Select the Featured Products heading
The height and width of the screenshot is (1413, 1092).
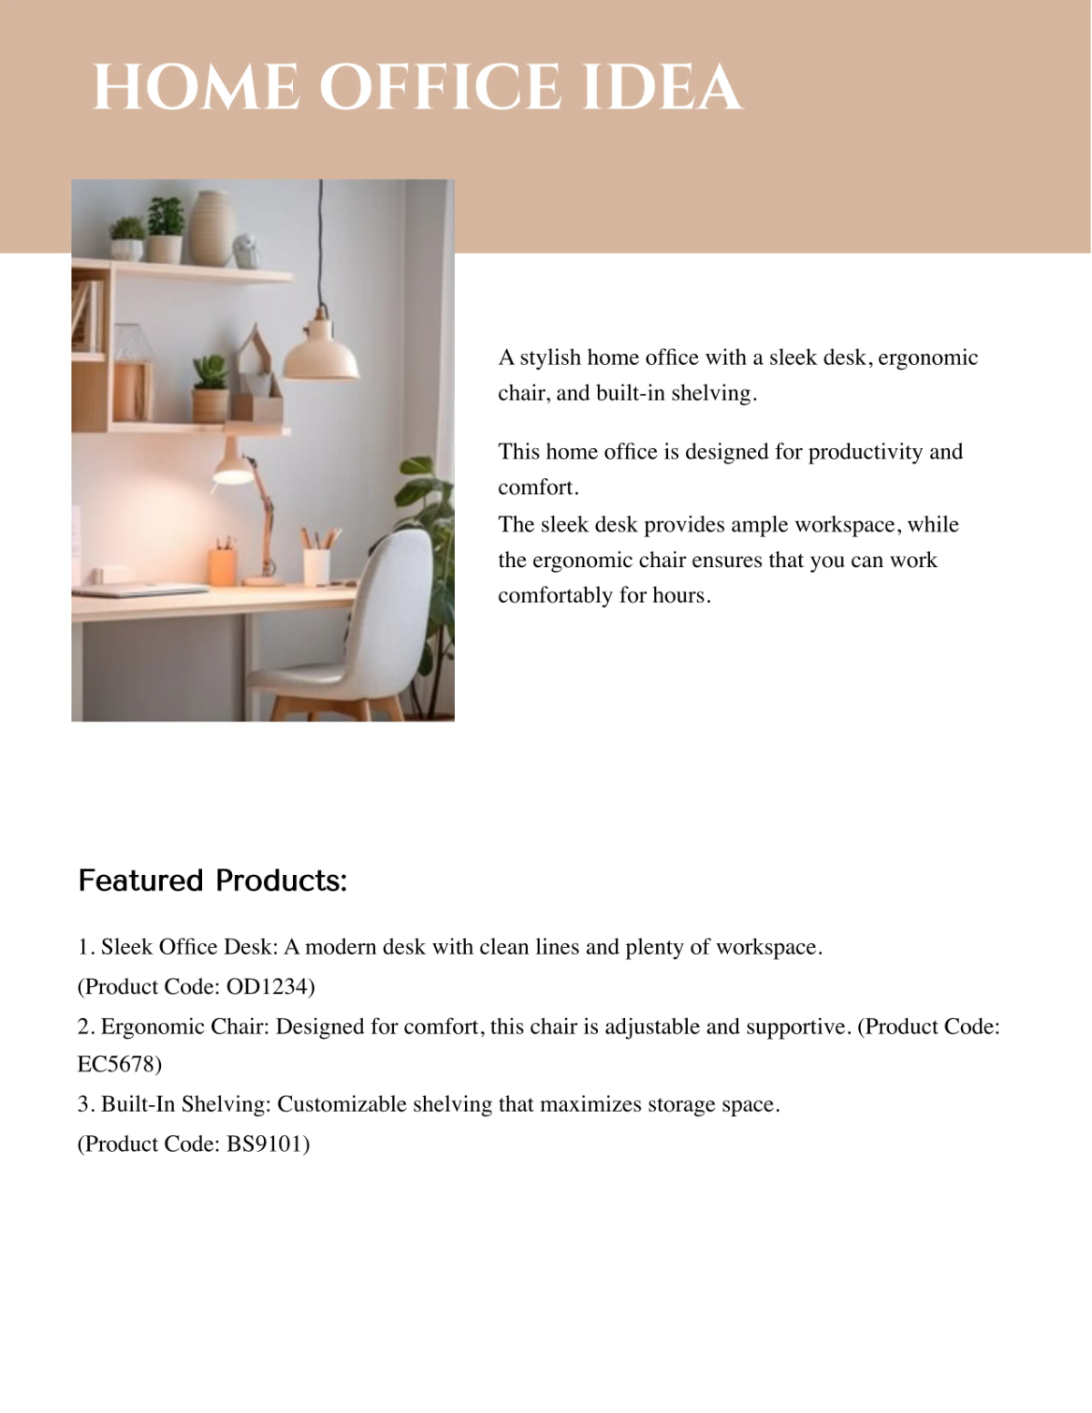(x=213, y=880)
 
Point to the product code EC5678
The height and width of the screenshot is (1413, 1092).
(x=119, y=1063)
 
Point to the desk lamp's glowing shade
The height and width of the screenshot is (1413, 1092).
(x=233, y=471)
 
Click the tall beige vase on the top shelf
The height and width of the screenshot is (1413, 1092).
(x=212, y=228)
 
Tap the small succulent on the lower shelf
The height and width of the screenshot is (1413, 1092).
(x=209, y=373)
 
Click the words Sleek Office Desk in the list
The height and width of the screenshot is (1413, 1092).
(x=187, y=947)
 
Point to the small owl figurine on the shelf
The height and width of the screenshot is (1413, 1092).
(x=248, y=249)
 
